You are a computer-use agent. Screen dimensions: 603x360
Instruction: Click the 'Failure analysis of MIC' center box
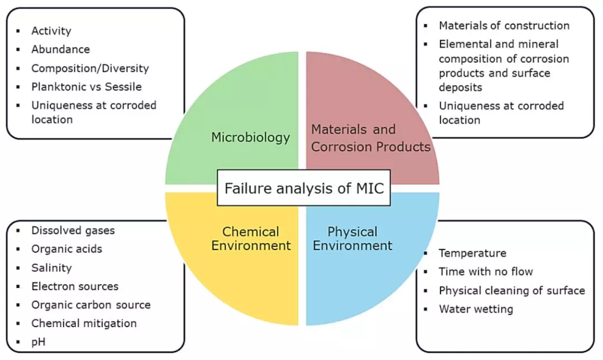(x=304, y=188)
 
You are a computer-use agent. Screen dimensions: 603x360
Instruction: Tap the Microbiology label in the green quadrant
(x=250, y=137)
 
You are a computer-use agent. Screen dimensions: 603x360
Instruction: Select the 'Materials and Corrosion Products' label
(x=371, y=138)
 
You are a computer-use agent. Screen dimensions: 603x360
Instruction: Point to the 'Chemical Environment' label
(x=251, y=238)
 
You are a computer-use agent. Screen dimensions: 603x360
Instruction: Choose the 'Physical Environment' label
(x=352, y=238)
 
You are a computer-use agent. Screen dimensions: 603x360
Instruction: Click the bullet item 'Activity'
(x=51, y=31)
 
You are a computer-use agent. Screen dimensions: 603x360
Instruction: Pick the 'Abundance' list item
(x=60, y=49)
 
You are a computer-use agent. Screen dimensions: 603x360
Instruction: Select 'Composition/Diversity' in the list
(x=90, y=68)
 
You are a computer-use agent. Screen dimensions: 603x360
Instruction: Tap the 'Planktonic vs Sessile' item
(x=87, y=87)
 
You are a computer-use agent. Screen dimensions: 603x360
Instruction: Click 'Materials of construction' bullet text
(x=504, y=25)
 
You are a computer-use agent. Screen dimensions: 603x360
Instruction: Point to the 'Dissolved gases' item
(x=73, y=231)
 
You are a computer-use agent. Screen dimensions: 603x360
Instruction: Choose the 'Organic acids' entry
(x=66, y=249)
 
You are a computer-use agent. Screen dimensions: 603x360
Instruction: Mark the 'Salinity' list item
(x=51, y=268)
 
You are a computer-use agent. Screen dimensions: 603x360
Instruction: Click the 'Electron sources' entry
(x=75, y=286)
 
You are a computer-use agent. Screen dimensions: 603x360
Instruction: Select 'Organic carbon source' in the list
(x=91, y=305)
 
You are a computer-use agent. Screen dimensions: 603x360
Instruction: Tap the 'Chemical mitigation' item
(x=84, y=323)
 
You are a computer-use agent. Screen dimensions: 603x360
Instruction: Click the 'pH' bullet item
(x=39, y=342)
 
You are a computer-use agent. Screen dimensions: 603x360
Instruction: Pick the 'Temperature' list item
(x=473, y=253)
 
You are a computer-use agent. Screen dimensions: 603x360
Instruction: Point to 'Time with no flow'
(x=486, y=272)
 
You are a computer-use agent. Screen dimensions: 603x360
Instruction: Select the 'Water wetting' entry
(x=476, y=309)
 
